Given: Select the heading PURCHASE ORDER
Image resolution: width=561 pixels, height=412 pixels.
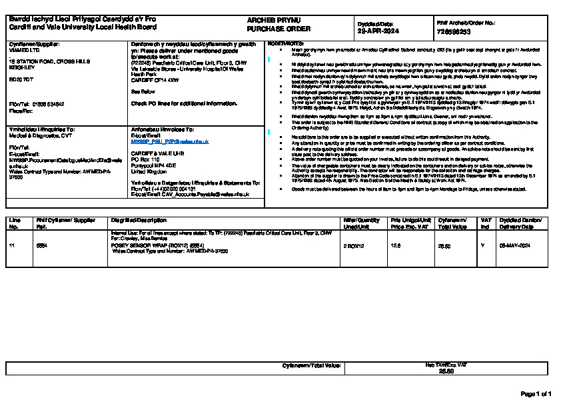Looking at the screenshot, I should coord(269,30).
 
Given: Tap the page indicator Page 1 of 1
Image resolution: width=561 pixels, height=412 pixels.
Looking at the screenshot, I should coord(535,395).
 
